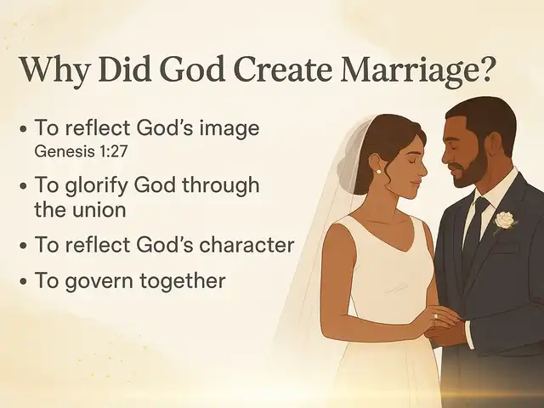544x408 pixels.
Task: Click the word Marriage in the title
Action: (x=416, y=71)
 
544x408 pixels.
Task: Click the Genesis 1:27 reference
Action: (x=82, y=151)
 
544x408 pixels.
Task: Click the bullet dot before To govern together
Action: (x=23, y=281)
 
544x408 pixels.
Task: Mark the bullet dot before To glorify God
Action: (x=23, y=187)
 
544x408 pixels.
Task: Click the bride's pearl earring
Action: (x=378, y=172)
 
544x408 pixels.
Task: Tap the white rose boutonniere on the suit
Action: (x=505, y=220)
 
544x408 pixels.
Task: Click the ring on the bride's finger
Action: (x=436, y=316)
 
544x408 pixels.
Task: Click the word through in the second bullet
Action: (x=220, y=186)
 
